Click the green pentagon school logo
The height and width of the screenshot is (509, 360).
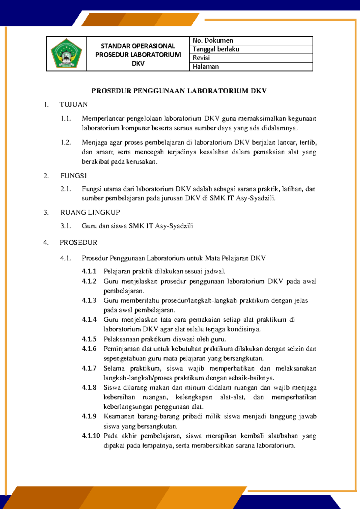tap(66, 54)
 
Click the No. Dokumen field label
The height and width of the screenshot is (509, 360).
tap(213, 41)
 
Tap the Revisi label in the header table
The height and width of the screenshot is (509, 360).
tap(201, 58)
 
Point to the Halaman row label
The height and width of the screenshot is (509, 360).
tap(205, 67)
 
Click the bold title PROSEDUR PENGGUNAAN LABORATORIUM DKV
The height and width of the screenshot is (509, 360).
tap(179, 91)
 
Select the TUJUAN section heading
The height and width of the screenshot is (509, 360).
tap(73, 104)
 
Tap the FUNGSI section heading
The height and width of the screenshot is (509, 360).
tap(73, 176)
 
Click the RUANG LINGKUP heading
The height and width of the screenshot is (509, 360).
tap(90, 212)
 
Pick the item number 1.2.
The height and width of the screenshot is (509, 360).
tap(66, 143)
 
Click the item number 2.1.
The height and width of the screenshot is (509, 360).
tap(66, 189)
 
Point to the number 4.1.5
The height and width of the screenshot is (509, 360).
tap(89, 339)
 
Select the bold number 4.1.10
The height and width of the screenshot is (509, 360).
tap(91, 436)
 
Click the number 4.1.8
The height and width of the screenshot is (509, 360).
tap(89, 387)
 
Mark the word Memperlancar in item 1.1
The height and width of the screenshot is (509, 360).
tap(103, 119)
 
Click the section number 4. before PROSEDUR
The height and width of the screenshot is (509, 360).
tap(46, 242)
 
